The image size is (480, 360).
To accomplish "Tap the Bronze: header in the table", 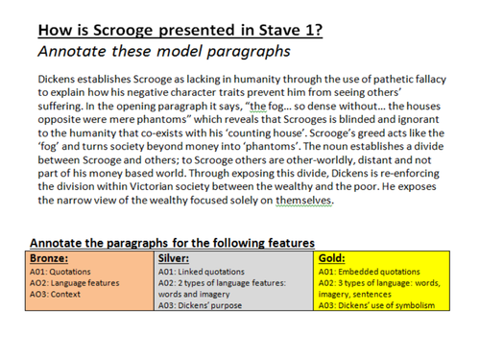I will [50, 258].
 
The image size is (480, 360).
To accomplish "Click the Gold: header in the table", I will [336, 258].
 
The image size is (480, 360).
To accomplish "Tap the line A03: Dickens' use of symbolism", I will [376, 305].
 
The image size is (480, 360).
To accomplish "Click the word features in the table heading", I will [284, 243].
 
